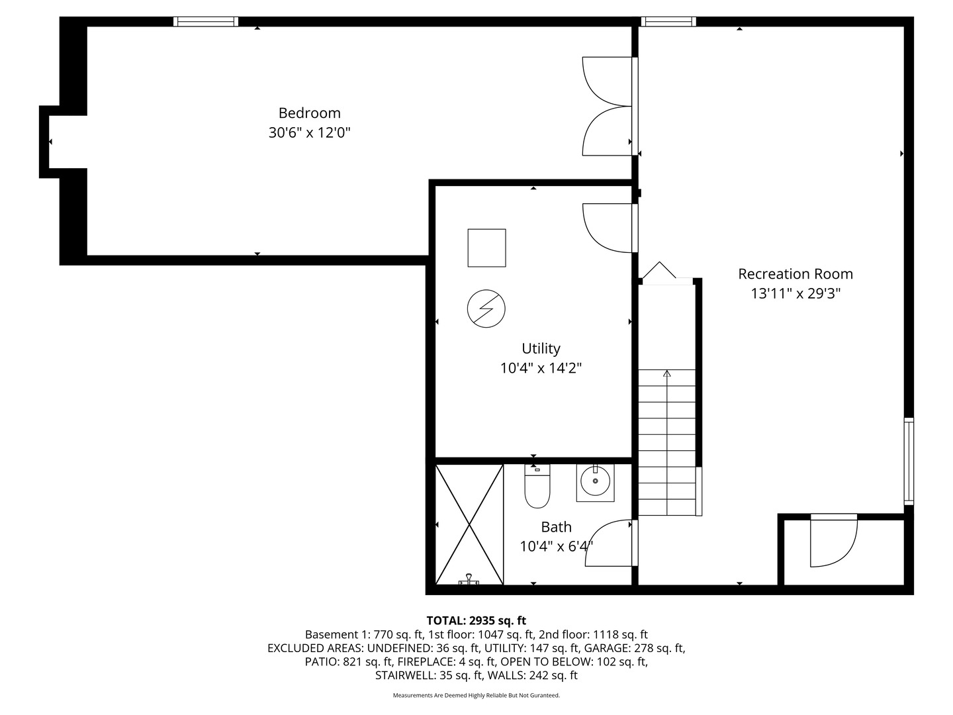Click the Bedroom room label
point(309,113)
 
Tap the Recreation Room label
point(795,274)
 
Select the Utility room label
point(541,349)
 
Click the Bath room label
point(556,528)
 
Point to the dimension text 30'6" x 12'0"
point(309,132)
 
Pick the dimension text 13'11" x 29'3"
point(795,293)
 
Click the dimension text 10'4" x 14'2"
point(541,368)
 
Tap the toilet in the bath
point(537,487)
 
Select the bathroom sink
point(596,482)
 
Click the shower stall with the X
point(469,525)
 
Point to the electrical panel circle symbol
point(486,309)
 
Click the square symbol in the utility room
point(486,248)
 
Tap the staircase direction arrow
point(666,374)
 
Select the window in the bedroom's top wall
point(205,22)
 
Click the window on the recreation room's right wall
point(909,461)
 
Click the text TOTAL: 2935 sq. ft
point(476,621)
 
